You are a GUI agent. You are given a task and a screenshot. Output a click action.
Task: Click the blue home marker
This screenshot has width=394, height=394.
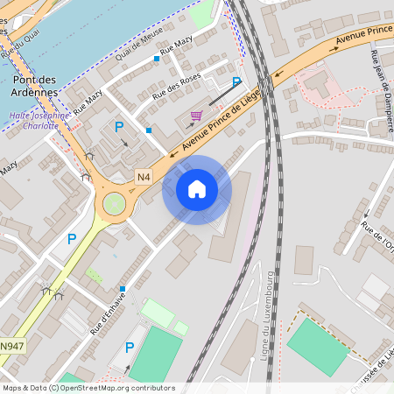tap(197, 189)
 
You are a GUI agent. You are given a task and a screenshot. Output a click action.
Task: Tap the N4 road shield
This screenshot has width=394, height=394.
tap(144, 178)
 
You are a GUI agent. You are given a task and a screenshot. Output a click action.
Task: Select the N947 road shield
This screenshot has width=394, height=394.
tap(11, 347)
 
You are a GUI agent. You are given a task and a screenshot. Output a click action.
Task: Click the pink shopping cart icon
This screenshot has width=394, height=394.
tap(196, 116)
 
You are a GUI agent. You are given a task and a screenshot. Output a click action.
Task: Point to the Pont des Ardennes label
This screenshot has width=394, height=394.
tap(35, 86)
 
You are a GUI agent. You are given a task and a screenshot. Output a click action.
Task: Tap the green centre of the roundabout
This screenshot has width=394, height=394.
tap(113, 205)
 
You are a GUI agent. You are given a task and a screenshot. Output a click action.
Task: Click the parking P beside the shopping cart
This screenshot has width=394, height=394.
tap(236, 82)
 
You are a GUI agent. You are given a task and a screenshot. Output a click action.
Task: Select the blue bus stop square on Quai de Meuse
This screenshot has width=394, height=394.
tap(157, 59)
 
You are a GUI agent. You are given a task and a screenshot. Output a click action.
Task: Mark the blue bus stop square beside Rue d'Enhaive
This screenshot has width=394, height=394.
tap(123, 289)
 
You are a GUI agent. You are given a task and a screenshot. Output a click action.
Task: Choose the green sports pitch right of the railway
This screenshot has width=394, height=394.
tap(318, 346)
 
